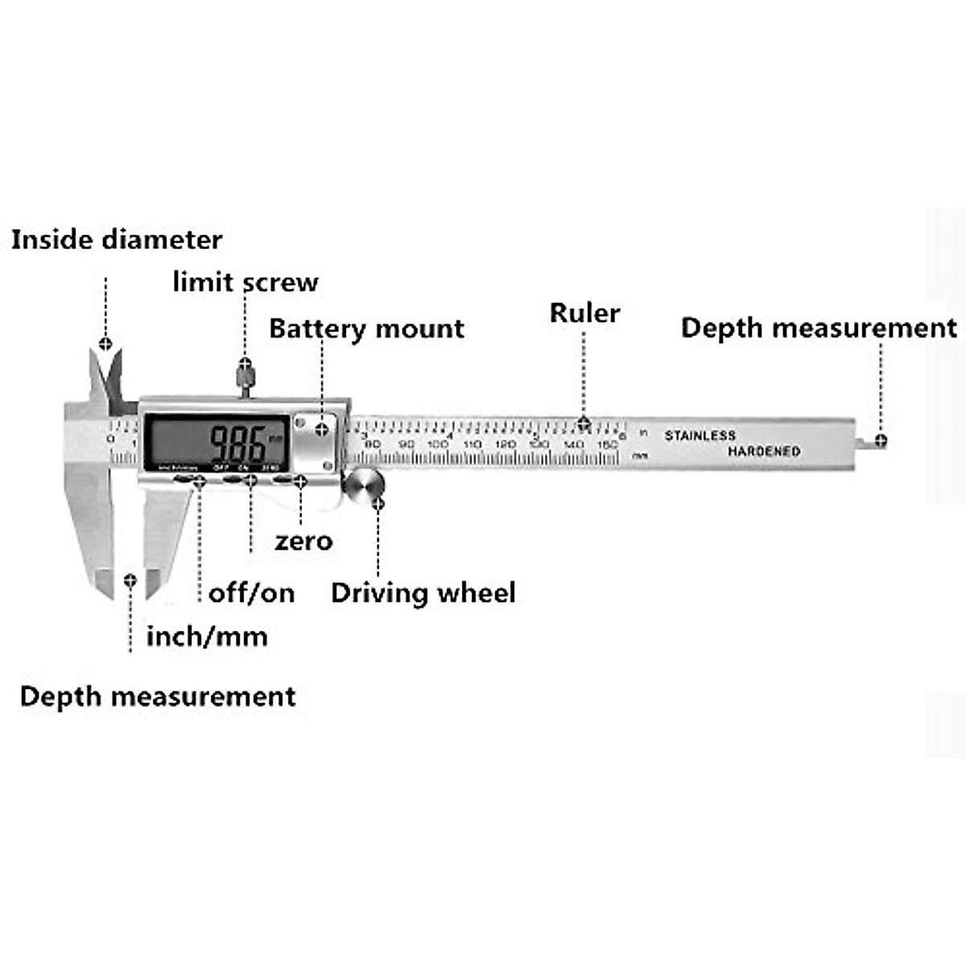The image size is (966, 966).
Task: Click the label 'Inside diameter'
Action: point(117,240)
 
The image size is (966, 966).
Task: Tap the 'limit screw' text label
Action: point(246,282)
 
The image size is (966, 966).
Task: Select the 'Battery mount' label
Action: point(366,328)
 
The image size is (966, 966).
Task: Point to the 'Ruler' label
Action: point(584,313)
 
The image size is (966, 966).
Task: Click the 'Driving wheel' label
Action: point(423,593)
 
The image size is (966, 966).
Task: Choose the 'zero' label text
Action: point(303,541)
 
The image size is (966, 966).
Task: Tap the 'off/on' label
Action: point(251,593)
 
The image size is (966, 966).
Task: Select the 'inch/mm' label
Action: point(207,637)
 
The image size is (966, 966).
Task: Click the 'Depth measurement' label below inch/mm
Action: point(158,696)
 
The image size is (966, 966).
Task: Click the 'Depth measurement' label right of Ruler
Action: point(819,328)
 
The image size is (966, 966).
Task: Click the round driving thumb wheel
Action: point(364,486)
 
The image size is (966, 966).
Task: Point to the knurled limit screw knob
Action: point(245,375)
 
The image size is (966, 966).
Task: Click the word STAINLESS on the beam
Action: point(700,436)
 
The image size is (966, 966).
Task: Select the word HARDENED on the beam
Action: point(764,452)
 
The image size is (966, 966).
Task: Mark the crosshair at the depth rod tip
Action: point(881,440)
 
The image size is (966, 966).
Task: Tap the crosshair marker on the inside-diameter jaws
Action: point(105,345)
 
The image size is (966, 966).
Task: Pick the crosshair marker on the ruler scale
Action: point(584,423)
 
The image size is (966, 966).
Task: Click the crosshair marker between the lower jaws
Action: point(130,580)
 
